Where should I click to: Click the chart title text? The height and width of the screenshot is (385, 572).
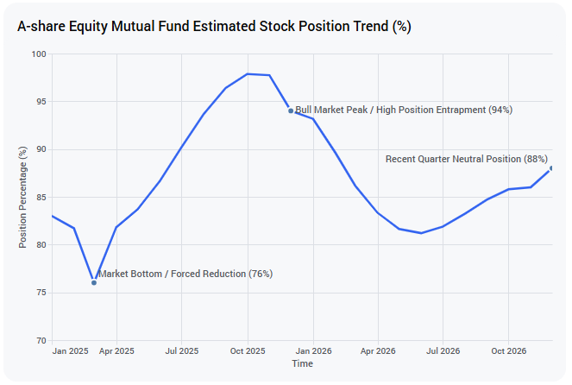(x=214, y=27)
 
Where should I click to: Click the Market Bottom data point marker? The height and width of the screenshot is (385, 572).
(x=94, y=283)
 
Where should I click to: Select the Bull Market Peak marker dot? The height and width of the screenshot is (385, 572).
(x=291, y=111)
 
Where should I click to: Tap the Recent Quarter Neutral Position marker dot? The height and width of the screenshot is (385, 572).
(x=551, y=168)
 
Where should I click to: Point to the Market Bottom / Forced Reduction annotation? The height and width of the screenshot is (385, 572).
(x=185, y=274)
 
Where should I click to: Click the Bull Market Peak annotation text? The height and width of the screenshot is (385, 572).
(x=404, y=110)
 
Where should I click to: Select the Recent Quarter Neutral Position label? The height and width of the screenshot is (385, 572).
(x=467, y=159)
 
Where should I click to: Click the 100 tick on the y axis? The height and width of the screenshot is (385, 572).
(x=39, y=54)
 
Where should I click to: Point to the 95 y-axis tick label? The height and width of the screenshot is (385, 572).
(x=41, y=102)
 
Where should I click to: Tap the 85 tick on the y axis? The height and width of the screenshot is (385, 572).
(x=41, y=198)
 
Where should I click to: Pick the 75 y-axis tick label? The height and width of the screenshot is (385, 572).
(x=41, y=293)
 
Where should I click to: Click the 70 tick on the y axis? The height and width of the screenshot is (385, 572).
(x=41, y=340)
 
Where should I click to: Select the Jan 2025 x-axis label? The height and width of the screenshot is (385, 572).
(x=70, y=351)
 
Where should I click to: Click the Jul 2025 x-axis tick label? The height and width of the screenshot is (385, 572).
(x=182, y=351)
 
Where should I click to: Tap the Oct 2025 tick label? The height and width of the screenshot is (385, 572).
(x=248, y=351)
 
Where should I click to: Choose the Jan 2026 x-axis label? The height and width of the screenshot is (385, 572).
(x=313, y=351)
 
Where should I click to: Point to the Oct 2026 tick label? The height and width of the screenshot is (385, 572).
(x=508, y=351)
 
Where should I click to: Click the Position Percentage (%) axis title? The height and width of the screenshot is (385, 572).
(x=22, y=198)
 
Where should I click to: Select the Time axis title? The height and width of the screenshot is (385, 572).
(x=303, y=363)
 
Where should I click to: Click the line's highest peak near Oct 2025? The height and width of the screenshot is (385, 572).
(x=248, y=74)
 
